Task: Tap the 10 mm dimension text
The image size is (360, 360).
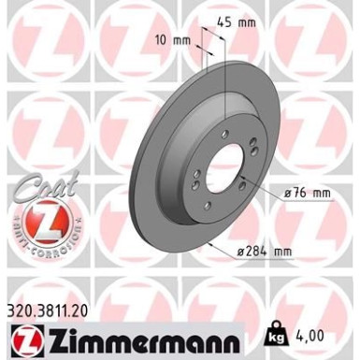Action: (x=180, y=40)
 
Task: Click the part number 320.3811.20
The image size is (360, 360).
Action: (x=55, y=304)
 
